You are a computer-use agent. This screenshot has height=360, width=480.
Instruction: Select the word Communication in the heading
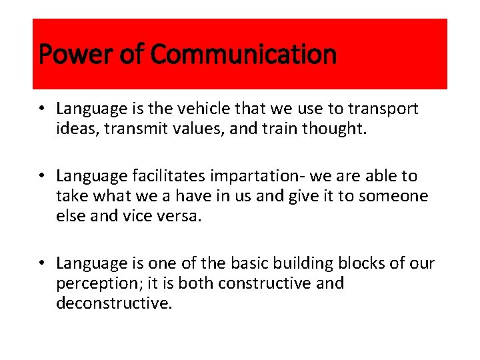tap(244, 55)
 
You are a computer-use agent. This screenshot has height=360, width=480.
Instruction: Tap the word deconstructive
tap(114, 303)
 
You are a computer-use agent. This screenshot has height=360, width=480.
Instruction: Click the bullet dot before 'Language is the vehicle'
tap(41, 109)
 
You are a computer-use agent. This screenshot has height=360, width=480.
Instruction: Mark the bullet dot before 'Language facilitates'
tap(41, 177)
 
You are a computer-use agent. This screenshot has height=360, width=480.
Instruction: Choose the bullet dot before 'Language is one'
tap(41, 264)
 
